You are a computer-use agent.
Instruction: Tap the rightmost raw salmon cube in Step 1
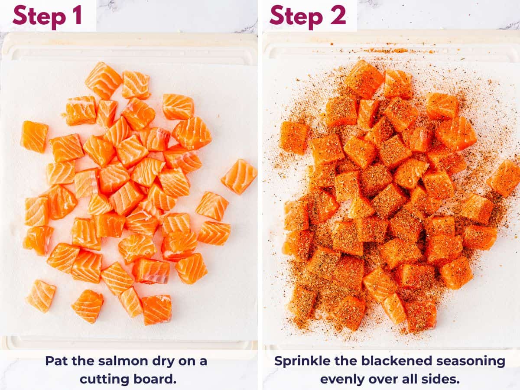[239, 176]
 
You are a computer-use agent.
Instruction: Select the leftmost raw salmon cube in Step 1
[34, 136]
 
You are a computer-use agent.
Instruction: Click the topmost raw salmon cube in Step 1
[103, 80]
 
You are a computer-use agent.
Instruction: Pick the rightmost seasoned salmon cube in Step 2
[504, 178]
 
